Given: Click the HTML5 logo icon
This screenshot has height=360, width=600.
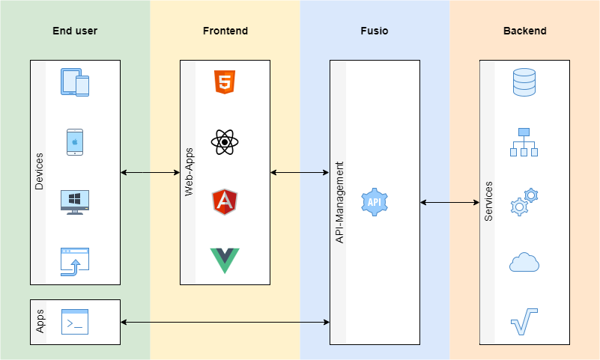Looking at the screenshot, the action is tap(225, 82).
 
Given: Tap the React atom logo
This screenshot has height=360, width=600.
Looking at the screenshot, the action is tap(225, 142).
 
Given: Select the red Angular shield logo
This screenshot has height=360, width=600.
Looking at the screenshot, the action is tap(225, 202).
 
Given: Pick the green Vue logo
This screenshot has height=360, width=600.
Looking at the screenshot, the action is tap(225, 260).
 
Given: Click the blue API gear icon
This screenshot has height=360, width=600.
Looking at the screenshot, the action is tap(375, 202).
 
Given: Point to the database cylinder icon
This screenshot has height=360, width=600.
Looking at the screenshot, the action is tap(524, 82).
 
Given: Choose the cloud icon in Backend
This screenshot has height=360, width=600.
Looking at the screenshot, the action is tap(524, 262).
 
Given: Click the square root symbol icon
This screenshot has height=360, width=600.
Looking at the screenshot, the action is tap(524, 322).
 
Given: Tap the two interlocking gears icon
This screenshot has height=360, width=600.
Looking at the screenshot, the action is tap(524, 202).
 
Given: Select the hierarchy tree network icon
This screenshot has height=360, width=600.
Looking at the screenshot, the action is tap(524, 142).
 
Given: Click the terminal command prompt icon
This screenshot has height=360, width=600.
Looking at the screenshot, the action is tap(75, 322).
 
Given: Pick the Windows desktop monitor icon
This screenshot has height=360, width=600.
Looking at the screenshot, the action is tap(75, 202).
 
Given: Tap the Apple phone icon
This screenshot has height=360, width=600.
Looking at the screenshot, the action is tap(75, 142).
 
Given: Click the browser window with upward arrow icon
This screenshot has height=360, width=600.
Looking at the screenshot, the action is tap(75, 262).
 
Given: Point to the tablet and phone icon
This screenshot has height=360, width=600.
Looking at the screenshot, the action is tap(75, 82).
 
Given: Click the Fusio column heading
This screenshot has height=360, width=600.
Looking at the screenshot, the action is tap(375, 31).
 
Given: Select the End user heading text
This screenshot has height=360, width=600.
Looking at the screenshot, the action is tap(75, 31).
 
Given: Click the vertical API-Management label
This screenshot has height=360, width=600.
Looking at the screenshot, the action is tap(339, 202).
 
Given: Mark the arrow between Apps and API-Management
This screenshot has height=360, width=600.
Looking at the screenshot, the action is tap(225, 322).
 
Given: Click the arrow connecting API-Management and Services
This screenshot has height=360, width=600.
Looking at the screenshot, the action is tap(449, 202).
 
